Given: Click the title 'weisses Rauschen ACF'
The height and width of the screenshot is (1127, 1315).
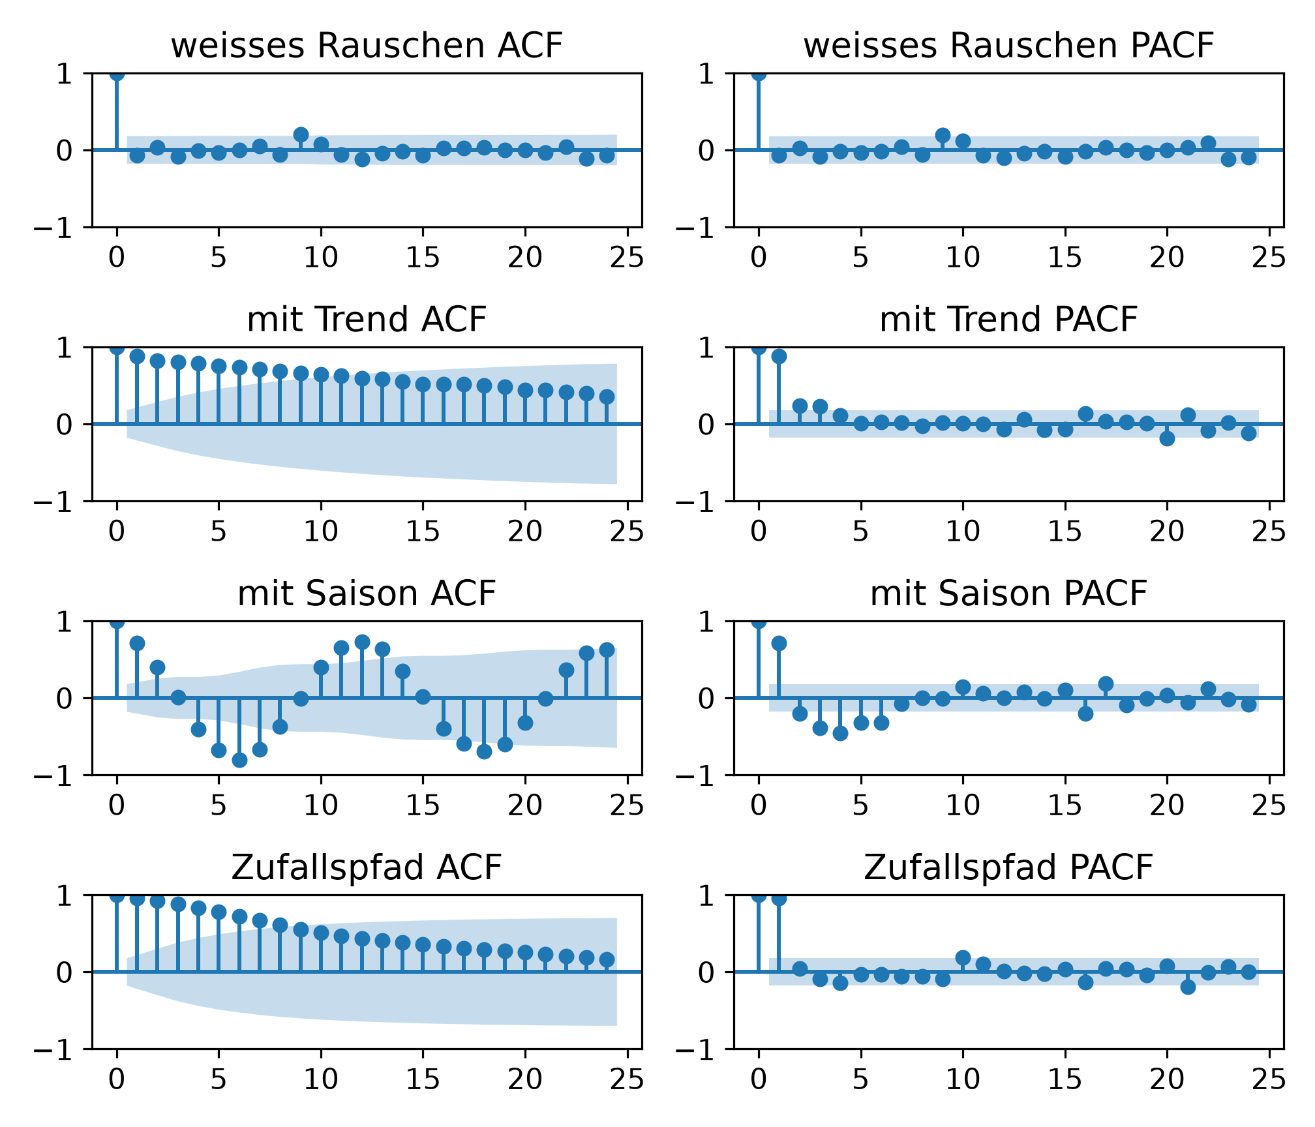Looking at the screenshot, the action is [367, 46].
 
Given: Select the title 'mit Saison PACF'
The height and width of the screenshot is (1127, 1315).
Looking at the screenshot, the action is [1008, 594].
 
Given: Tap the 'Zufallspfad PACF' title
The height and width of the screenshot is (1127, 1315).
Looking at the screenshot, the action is [1008, 867].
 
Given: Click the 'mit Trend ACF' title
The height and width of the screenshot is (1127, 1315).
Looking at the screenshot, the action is [367, 320].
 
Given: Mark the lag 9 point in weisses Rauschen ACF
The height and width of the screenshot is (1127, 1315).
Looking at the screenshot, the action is [301, 135].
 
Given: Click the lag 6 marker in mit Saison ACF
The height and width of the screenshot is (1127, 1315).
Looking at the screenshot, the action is [239, 760].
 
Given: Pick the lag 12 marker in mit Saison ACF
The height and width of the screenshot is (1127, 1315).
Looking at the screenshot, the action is [362, 642].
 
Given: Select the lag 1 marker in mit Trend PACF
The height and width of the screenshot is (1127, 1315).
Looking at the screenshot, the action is [779, 356].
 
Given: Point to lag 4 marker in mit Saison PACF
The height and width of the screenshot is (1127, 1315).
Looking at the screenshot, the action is [840, 733].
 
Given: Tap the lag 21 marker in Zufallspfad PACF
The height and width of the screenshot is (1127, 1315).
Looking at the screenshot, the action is [1188, 987].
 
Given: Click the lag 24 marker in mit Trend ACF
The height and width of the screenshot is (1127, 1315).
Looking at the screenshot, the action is [607, 397].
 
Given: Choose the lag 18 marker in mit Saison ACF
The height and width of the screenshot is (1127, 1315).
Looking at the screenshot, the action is [484, 751].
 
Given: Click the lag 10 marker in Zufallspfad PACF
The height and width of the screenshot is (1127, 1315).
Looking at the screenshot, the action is [963, 957].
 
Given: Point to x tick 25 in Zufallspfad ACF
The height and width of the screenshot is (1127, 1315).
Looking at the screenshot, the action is [627, 1080].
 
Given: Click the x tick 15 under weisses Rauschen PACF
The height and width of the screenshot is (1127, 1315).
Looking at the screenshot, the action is [1065, 258].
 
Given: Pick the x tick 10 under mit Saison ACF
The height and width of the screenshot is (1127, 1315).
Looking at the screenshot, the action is [321, 806].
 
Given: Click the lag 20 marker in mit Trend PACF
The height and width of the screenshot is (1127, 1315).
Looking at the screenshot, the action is [1168, 438].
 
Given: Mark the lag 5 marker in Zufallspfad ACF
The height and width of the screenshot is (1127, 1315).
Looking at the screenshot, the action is [219, 912].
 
